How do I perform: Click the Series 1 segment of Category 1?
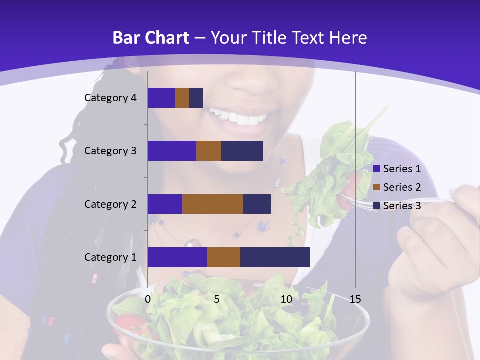click(177, 257)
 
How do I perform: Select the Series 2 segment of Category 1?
click(224, 257)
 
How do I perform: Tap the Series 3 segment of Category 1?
click(275, 257)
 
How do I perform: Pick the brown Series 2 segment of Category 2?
click(213, 204)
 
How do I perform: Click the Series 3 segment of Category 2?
click(257, 204)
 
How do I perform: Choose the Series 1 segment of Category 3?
click(172, 151)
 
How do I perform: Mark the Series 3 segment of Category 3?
click(242, 151)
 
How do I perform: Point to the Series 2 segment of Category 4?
click(182, 98)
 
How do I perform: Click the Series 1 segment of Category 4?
click(161, 98)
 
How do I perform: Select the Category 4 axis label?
click(110, 98)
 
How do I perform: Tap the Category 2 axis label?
click(110, 204)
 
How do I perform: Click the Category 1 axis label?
click(110, 257)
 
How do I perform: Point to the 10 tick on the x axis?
click(286, 299)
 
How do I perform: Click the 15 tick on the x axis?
click(355, 299)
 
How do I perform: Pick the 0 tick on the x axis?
click(148, 299)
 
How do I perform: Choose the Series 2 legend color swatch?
click(376, 187)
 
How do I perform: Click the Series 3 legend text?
click(402, 205)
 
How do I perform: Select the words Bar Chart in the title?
click(150, 38)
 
